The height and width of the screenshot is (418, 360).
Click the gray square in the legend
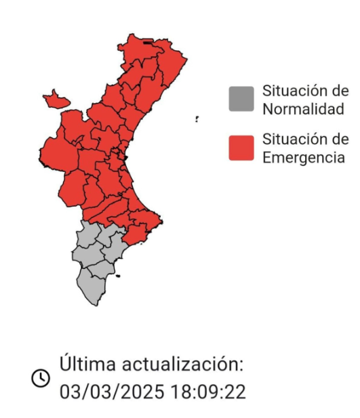click(241, 99)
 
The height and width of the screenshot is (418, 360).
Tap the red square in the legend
click(241, 148)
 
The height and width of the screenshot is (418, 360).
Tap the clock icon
click(41, 378)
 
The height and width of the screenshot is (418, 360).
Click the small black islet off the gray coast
click(118, 276)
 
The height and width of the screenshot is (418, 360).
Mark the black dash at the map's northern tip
click(147, 43)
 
